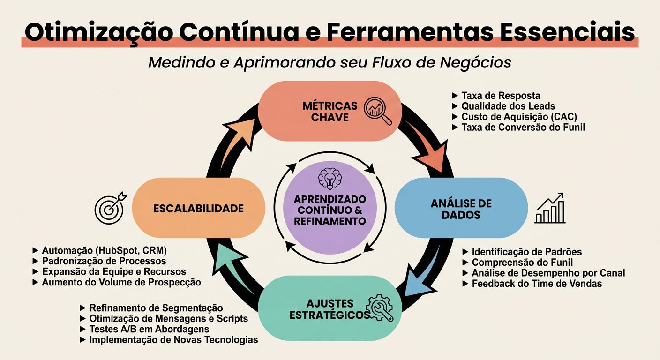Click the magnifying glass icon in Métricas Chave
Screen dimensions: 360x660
(378, 110)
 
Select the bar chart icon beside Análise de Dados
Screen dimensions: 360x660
(550, 208)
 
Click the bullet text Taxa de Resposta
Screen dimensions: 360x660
(501, 96)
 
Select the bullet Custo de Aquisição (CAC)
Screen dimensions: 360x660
(519, 117)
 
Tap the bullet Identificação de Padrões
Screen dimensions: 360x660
(526, 252)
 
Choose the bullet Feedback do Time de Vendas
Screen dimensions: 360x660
(537, 283)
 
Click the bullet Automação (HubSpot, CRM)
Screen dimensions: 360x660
(104, 250)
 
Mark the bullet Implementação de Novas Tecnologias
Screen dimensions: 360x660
(173, 340)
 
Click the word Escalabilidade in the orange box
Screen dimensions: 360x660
(199, 209)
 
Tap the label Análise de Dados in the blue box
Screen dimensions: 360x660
(461, 209)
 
